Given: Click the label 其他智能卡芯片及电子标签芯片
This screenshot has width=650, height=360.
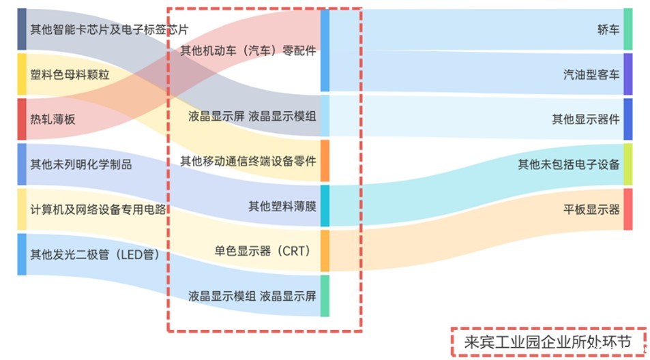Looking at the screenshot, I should (109, 29).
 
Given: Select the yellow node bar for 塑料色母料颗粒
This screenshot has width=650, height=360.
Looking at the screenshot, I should (22, 74).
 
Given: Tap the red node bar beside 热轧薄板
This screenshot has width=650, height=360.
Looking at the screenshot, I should (22, 119).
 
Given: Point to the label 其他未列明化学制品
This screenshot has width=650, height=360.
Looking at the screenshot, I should (80, 164).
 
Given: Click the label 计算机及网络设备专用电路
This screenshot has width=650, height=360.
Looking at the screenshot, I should (98, 209).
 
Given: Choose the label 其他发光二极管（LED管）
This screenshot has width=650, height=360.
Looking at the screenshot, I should (94, 255).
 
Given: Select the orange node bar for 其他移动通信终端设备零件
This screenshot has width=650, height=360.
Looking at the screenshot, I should (325, 161).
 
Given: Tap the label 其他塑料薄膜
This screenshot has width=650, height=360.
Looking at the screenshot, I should (282, 205).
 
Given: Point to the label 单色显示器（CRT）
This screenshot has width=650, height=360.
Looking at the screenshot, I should (263, 250).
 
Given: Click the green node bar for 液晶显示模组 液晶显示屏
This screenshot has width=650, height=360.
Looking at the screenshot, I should (325, 296).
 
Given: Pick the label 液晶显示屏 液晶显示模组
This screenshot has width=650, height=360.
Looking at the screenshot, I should (252, 116).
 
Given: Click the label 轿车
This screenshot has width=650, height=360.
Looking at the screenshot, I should (608, 29).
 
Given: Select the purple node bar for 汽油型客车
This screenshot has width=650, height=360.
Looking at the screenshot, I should (628, 74).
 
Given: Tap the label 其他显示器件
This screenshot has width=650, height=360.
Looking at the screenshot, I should (586, 119).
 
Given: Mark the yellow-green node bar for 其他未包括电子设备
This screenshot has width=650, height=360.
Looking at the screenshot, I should (628, 164).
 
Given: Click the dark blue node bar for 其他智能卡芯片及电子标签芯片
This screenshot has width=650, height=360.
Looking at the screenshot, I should (22, 29).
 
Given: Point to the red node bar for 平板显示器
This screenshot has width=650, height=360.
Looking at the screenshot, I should (628, 209).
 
